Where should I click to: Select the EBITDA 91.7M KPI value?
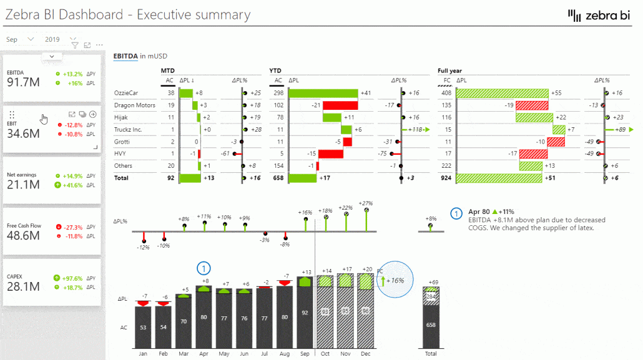[24, 82]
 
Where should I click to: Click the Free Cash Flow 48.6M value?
[24, 235]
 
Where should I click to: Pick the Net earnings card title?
[24, 175]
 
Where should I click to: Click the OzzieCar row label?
[126, 93]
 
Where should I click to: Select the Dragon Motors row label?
[134, 105]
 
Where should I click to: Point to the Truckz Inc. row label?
[128, 130]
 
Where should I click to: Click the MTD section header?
[168, 71]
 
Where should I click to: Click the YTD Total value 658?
[278, 178]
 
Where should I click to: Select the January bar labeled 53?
[144, 327]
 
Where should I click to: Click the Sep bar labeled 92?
[305, 313]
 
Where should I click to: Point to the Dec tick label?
[366, 353]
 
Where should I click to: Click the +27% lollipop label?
[366, 203]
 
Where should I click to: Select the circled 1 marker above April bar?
[204, 268]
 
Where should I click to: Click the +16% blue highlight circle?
[395, 280]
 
